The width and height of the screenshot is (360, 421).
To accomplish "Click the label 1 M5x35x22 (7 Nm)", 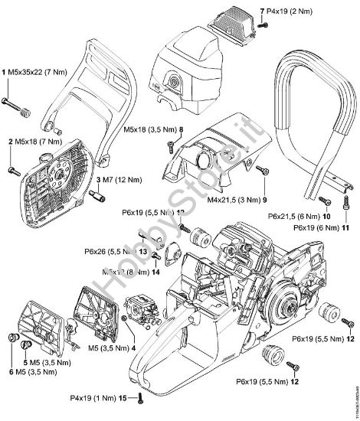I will click(x=34, y=71).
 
